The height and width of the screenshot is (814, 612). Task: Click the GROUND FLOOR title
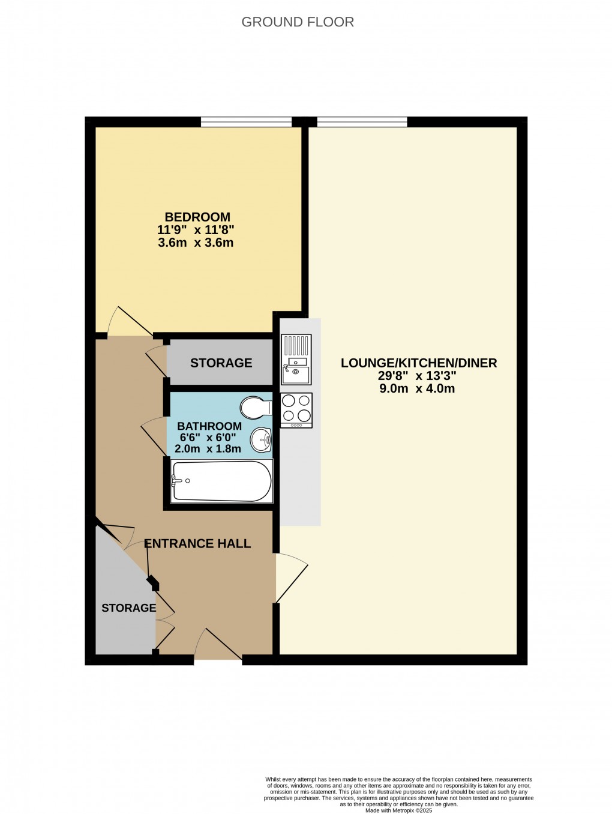pos(298,22)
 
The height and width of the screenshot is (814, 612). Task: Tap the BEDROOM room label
pos(197,217)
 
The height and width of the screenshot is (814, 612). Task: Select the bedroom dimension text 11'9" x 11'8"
pos(196,230)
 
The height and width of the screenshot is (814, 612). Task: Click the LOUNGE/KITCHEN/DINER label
pos(419,363)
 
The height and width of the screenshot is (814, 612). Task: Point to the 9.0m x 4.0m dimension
pos(417,388)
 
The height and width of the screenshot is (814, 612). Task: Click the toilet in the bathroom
pos(255,408)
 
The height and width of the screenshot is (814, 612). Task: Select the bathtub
pos(221,481)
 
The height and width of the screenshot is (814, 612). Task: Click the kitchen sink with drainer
pos(296,359)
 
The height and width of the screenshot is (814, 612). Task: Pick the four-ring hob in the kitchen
pos(296,409)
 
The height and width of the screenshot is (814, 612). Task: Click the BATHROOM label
pos(209,426)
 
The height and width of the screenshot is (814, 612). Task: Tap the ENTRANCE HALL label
pos(197,544)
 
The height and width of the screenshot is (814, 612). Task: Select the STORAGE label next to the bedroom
pos(221,363)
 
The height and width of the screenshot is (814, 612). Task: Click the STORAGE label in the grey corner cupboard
pos(128,608)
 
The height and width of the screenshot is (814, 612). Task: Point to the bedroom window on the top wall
pos(246,122)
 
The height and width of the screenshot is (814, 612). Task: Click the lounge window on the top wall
pos(362,122)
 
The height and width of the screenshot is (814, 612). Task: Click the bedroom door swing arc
pos(128,323)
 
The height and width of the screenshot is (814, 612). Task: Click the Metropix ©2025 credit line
pos(398,810)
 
